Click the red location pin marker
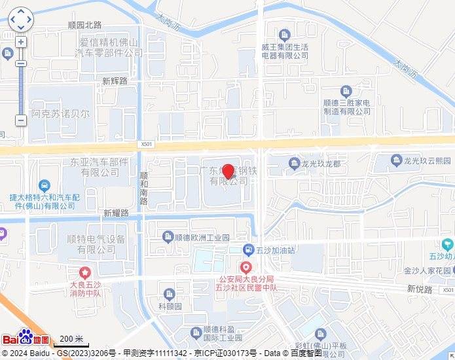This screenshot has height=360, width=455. (x=228, y=171)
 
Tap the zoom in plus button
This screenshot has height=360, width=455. (x=21, y=42)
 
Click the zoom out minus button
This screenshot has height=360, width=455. (x=21, y=120)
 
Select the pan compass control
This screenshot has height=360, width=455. (x=20, y=20)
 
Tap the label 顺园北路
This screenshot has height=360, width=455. (x=85, y=25)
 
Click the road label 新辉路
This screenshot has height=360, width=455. (x=115, y=81)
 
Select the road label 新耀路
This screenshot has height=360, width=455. (x=116, y=213)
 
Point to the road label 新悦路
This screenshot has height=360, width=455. (x=420, y=289)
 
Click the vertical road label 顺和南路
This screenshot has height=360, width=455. (x=144, y=189)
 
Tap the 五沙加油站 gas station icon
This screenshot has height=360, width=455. (x=248, y=249)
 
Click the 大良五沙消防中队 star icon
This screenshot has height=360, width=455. (x=84, y=272)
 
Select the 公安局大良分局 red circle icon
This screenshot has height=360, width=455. (x=246, y=267)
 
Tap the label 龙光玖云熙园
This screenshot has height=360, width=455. (x=427, y=160)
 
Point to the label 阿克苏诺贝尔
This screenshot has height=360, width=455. (x=61, y=113)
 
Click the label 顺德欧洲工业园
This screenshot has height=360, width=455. (x=202, y=237)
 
